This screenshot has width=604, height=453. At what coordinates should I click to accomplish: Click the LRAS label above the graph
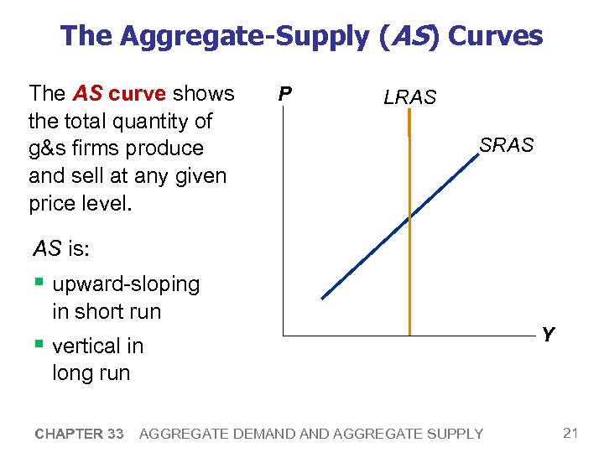[x=409, y=97]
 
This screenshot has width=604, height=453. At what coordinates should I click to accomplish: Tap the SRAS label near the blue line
[x=506, y=145]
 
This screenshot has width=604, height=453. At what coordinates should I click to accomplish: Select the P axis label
[x=285, y=92]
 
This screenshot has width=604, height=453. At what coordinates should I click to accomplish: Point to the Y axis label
[x=548, y=336]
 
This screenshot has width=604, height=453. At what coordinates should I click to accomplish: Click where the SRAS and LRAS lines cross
[x=409, y=216]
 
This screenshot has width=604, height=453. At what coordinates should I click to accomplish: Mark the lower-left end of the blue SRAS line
[x=322, y=298]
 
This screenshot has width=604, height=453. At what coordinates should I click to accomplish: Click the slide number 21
[x=571, y=433]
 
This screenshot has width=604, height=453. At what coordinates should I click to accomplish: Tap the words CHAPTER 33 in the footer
[x=80, y=434]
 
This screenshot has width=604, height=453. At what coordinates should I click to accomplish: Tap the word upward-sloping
[x=126, y=284]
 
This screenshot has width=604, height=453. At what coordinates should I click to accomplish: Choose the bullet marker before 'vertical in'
[x=39, y=345]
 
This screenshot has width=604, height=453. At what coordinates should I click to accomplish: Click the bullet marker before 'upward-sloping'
[x=39, y=284]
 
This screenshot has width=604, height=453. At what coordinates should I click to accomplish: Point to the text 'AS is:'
[x=61, y=248]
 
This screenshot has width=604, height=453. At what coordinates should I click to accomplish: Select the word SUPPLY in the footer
[x=453, y=434]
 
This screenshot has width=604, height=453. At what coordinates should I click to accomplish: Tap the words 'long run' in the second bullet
[x=91, y=372]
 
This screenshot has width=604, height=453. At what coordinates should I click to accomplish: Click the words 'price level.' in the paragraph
[x=80, y=204]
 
